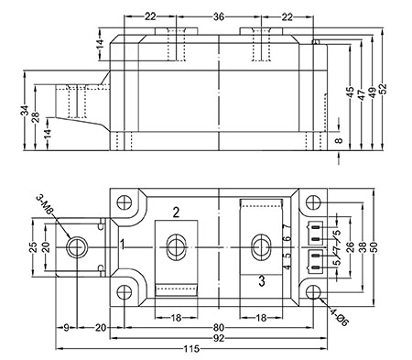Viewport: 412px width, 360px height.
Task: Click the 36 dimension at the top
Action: click(219, 16)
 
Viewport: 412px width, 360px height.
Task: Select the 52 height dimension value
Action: click(383, 89)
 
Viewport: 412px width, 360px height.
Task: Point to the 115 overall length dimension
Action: click(191, 349)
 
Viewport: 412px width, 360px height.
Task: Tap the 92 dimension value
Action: click(219, 338)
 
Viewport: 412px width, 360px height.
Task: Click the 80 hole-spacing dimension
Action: click(219, 328)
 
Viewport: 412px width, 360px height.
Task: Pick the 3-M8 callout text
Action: click(45, 203)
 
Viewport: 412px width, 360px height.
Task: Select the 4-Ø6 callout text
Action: click(339, 317)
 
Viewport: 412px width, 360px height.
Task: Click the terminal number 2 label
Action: click(176, 213)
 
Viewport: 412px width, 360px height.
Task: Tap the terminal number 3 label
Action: click(262, 281)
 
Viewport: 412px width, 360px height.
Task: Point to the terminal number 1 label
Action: click(122, 245)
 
